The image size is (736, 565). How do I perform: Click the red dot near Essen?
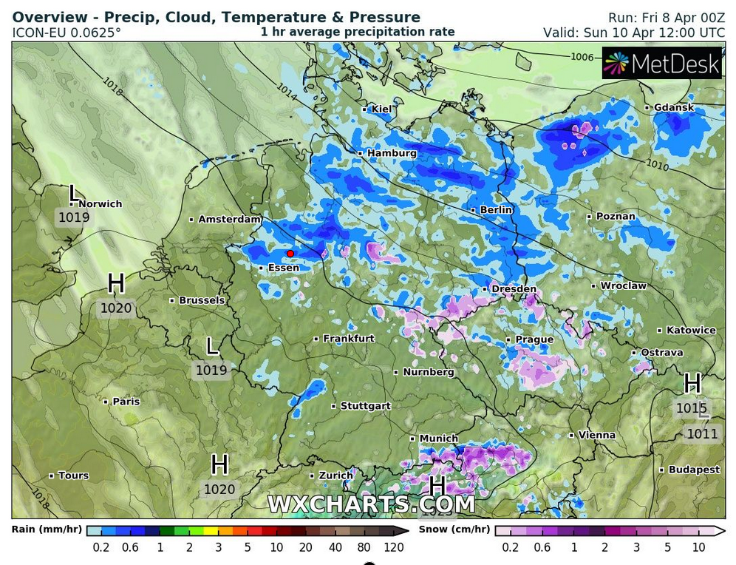point(290,254)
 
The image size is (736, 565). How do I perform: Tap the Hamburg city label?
point(392,153)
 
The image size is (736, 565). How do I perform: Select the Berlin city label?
point(496,210)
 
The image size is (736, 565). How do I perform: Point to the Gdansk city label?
point(673,108)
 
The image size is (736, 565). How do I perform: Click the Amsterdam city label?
point(230,220)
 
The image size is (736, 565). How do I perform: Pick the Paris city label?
point(126,402)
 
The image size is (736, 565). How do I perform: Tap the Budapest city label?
point(694,470)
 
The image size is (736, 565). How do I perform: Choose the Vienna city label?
point(596,435)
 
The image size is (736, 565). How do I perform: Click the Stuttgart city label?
point(365,406)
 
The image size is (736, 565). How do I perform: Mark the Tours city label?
point(73,476)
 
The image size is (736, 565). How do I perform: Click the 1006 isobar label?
point(582,57)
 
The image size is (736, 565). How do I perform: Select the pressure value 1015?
point(691,408)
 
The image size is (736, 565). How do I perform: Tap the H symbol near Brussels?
point(116,283)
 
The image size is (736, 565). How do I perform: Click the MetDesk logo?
point(661,64)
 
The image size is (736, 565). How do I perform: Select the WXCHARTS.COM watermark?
point(370,504)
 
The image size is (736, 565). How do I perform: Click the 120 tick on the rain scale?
point(393,547)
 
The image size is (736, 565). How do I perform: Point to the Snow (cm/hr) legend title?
point(454,530)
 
